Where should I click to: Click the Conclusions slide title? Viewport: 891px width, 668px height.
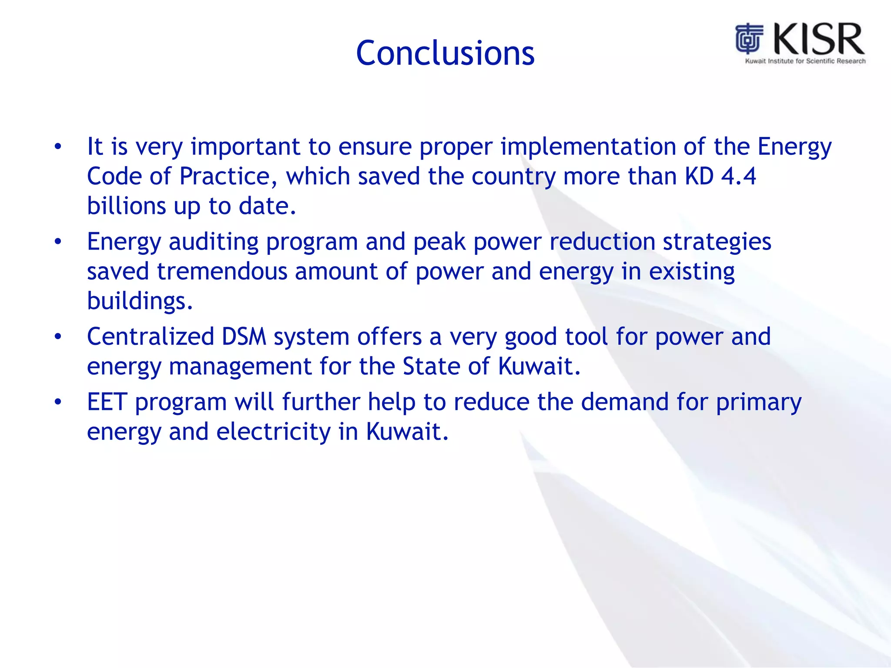[x=445, y=53]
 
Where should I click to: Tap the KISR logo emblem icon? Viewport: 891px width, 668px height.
[x=749, y=39]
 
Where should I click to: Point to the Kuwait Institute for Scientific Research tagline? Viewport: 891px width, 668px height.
[x=805, y=61]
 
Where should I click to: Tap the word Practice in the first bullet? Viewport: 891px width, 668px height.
[x=228, y=176]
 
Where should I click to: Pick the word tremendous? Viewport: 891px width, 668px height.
[x=222, y=271]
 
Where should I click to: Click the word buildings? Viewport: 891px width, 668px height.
[x=139, y=301]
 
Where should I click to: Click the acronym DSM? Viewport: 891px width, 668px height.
[x=244, y=337]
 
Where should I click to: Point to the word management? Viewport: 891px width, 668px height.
[x=240, y=366]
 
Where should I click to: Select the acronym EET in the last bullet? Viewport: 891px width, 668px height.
[x=107, y=402]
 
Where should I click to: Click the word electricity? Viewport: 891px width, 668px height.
[x=273, y=431]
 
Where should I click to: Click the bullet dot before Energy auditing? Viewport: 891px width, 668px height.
[x=58, y=242]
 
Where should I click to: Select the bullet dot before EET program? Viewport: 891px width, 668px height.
[x=58, y=402]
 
